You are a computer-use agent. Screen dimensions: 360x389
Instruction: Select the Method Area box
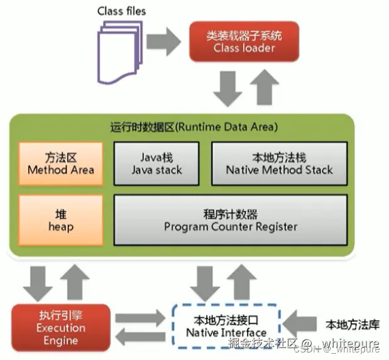pyautogui.click(x=61, y=163)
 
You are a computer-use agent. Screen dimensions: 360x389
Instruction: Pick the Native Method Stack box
pyautogui.click(x=279, y=163)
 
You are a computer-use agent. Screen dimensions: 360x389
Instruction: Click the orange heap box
pyautogui.click(x=61, y=219)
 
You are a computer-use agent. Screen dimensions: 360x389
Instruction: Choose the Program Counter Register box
pyautogui.click(x=230, y=220)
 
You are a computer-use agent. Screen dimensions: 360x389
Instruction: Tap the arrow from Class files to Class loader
pyautogui.click(x=162, y=41)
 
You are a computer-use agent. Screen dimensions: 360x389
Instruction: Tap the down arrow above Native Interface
pyautogui.click(x=205, y=283)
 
